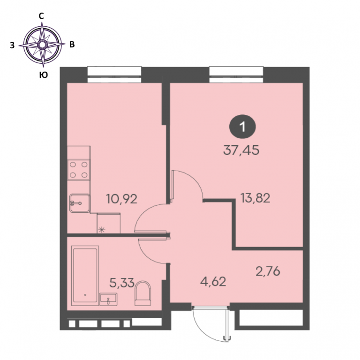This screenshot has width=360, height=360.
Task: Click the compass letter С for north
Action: pos(41,16)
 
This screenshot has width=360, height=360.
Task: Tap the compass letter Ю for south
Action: pos(44,75)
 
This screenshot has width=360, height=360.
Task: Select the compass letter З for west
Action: pos(12,45)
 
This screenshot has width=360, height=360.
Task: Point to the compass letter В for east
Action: pos(72,45)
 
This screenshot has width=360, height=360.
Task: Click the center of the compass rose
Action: pos(42,45)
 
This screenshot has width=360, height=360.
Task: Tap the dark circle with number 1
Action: pos(242,127)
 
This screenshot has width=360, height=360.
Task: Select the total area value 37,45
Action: pos(241,150)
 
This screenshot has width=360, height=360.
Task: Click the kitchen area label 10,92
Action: pos(122,199)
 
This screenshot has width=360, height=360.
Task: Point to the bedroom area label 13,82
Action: pos(255,198)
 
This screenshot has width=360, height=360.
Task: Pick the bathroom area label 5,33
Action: pos(122,283)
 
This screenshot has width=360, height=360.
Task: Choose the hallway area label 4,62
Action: pos(213,282)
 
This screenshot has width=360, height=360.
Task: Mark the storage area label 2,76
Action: pos(268,271)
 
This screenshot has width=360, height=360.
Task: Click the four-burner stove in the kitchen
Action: pos(79,170)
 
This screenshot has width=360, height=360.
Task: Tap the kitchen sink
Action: pos(80,203)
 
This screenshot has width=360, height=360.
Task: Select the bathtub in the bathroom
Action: pos(85,276)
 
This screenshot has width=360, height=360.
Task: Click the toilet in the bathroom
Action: pos(142,293)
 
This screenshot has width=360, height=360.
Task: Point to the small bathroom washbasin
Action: pos(108,300)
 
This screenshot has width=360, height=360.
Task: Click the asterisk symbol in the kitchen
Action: pos(102,229)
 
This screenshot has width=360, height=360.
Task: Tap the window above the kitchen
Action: pos(114,75)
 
